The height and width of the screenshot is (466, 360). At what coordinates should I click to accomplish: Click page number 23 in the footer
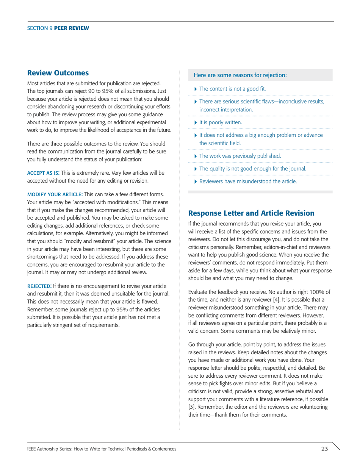(x=324, y=449)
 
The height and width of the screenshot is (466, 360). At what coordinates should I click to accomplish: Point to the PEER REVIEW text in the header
(x=72, y=28)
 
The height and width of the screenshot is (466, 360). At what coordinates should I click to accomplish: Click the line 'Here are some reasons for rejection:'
(x=240, y=75)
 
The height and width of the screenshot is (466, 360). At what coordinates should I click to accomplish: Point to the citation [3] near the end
(x=193, y=407)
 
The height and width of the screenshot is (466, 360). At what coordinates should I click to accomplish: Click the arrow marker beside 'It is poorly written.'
(x=196, y=122)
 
